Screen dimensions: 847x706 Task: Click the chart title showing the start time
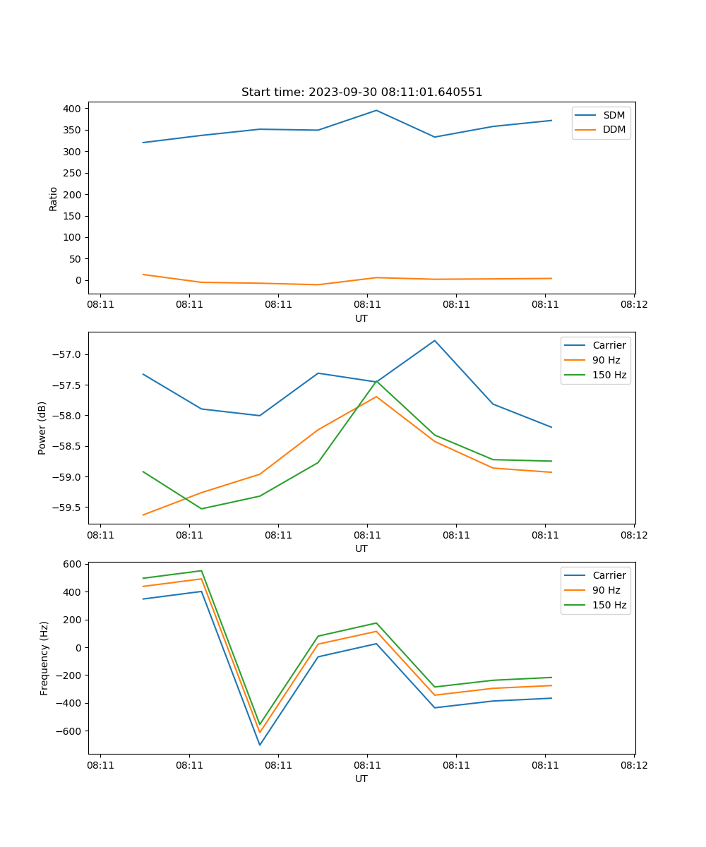tap(361, 92)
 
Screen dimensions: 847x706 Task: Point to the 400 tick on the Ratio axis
tap(72, 109)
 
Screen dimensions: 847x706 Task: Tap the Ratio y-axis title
tap(54, 198)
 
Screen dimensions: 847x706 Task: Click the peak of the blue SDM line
tap(376, 110)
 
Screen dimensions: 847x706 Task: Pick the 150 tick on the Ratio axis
tap(72, 216)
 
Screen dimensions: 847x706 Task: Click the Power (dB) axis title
tap(43, 428)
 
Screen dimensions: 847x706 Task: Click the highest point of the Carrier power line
tap(435, 340)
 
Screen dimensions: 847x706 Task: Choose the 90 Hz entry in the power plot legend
tap(606, 360)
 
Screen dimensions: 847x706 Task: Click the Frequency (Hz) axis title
tap(44, 658)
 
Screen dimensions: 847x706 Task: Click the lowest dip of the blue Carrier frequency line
tap(260, 745)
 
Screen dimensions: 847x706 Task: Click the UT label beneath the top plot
tap(361, 318)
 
